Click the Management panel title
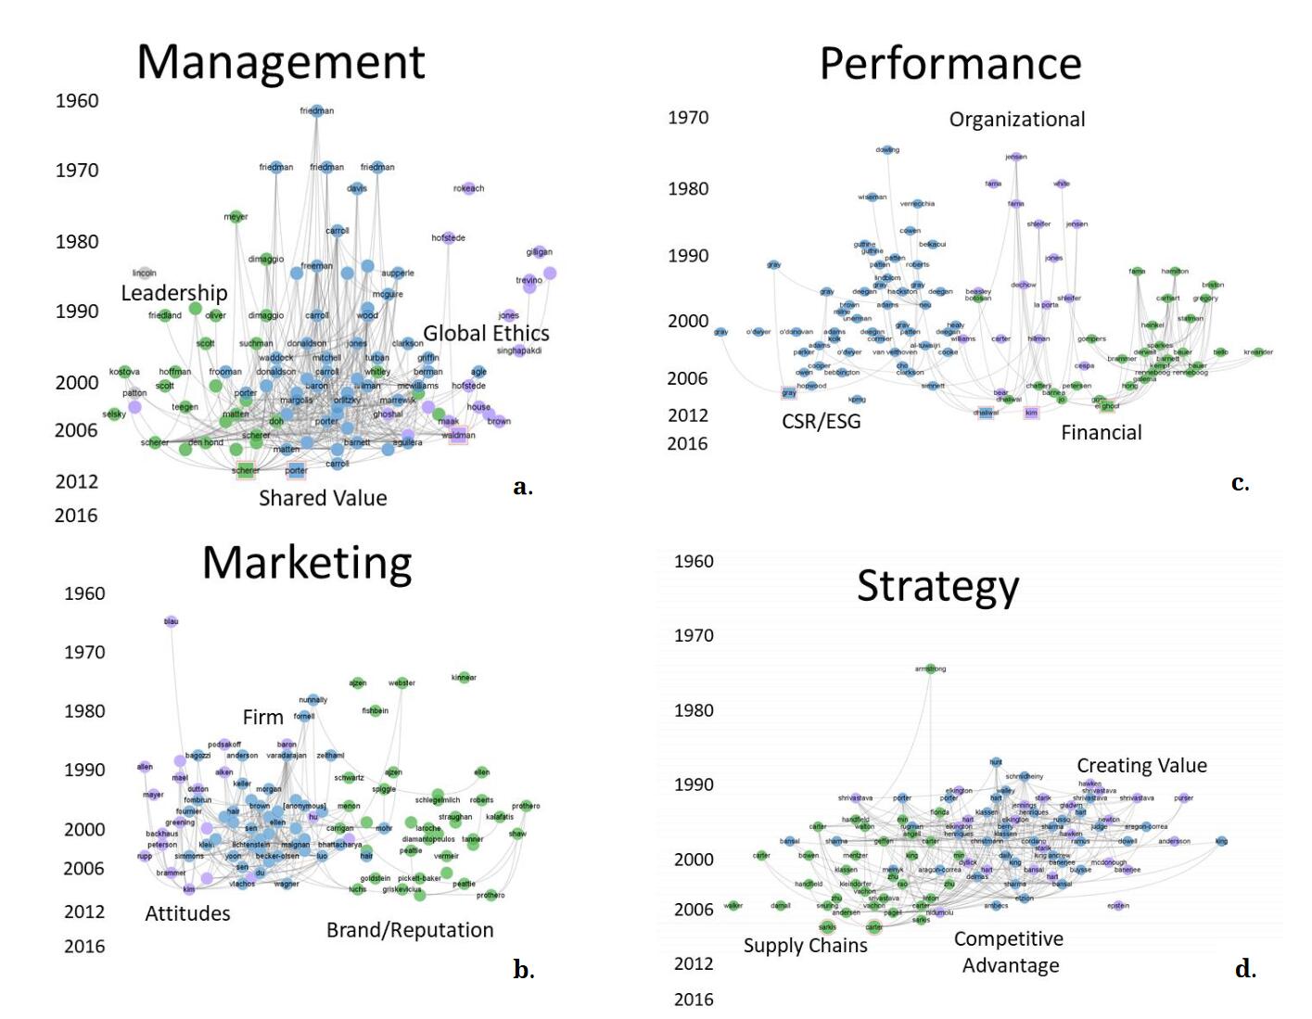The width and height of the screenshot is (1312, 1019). [280, 63]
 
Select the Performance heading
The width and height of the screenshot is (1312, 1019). [950, 65]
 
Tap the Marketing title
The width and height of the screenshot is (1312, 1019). [307, 564]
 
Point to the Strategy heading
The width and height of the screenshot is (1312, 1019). [937, 587]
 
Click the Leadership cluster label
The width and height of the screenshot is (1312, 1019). [174, 293]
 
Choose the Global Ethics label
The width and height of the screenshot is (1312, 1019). [486, 333]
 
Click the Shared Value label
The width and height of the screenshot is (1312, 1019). [323, 498]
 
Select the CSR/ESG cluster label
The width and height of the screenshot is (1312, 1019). [821, 422]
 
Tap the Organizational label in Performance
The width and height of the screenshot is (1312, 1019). [1016, 120]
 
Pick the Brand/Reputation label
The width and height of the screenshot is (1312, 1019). [410, 930]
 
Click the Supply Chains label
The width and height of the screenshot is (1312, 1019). [805, 946]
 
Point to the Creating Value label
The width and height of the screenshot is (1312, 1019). [1141, 766]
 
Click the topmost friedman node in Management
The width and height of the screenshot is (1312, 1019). [317, 110]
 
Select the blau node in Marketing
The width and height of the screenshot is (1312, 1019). [171, 621]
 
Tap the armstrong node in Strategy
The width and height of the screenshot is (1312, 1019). [931, 669]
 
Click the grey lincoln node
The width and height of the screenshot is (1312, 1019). [145, 273]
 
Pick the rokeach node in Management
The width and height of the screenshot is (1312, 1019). [468, 188]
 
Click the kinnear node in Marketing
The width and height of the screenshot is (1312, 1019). [464, 678]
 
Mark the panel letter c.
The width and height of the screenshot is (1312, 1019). [1240, 483]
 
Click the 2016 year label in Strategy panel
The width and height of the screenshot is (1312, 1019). [694, 1000]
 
